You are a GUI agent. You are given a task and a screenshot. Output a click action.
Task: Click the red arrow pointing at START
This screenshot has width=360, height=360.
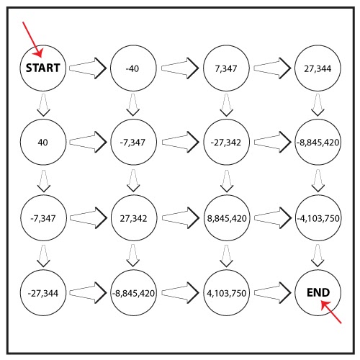pos(32,40)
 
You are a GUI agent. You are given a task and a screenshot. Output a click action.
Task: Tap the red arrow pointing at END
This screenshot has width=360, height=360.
pos(331,312)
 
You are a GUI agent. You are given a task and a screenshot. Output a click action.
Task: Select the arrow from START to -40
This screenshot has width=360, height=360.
pos(88,68)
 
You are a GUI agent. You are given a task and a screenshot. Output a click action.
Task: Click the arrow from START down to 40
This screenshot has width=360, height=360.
pos(43,105)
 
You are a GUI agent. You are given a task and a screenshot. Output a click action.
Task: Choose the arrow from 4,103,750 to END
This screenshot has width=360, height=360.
pos(273,292)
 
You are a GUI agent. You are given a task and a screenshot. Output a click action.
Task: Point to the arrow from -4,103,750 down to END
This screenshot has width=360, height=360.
pos(318,256)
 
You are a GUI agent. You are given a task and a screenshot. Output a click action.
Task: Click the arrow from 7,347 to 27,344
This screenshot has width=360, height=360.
pos(272,68)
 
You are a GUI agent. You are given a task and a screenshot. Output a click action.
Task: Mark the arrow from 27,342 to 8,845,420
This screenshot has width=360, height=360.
pos(181,218)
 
